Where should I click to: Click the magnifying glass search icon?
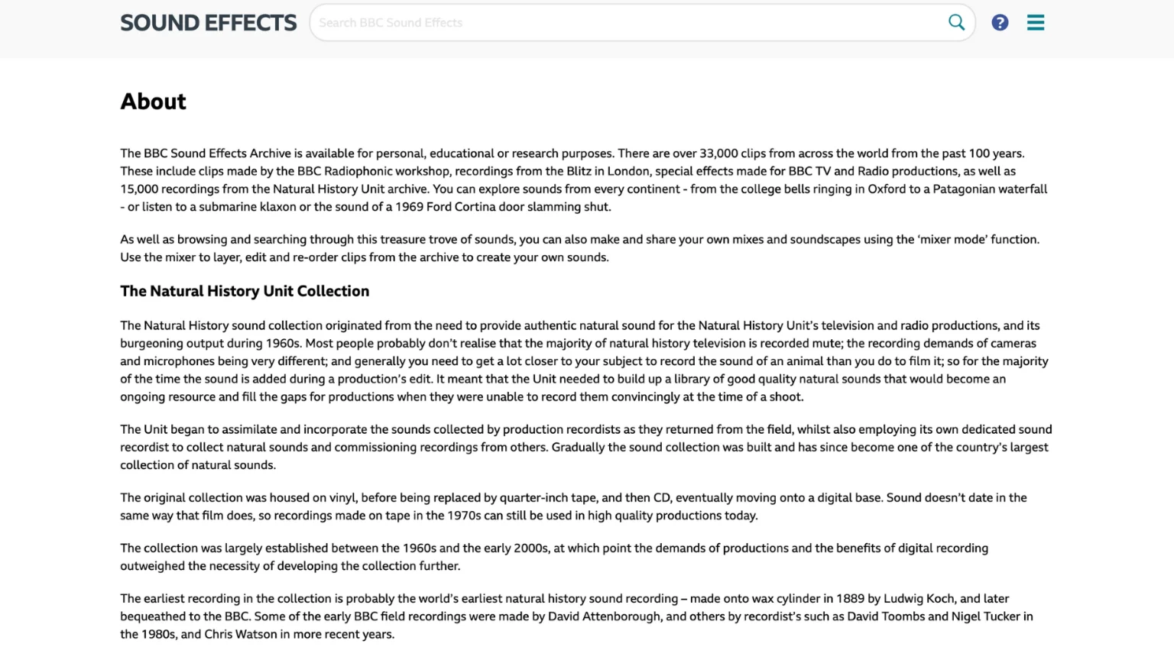[x=956, y=22]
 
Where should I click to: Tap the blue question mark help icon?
[x=1000, y=23]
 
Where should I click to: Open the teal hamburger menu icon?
[x=1036, y=23]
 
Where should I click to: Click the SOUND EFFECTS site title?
[x=208, y=23]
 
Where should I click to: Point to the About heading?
[x=153, y=102]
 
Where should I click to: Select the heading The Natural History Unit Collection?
[x=245, y=291]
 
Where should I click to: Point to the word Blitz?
[x=579, y=171]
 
